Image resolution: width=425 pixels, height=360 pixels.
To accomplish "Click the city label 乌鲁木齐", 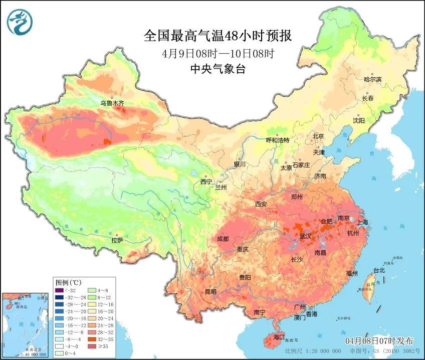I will click(x=111, y=103).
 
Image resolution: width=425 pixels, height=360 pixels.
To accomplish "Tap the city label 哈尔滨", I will click(x=372, y=79).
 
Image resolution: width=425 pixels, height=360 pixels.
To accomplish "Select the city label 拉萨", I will click(x=117, y=240).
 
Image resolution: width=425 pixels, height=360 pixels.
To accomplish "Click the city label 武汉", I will click(x=305, y=236).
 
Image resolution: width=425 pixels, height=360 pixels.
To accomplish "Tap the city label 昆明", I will click(x=210, y=292).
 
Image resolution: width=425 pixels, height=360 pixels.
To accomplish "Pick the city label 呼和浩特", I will click(x=277, y=140).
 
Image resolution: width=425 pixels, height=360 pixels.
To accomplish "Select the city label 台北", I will click(x=379, y=270).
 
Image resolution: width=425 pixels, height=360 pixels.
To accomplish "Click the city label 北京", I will click(x=319, y=136).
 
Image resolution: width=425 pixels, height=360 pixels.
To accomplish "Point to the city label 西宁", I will click(x=206, y=182).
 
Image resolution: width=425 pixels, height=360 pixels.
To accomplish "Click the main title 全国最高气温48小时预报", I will click(x=218, y=36).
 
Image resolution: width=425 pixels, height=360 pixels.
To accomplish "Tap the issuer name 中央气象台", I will click(x=218, y=70).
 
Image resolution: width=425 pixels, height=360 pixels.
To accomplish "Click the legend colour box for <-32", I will click(x=60, y=290).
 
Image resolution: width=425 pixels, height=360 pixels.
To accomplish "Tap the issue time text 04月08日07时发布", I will click(x=379, y=340).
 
